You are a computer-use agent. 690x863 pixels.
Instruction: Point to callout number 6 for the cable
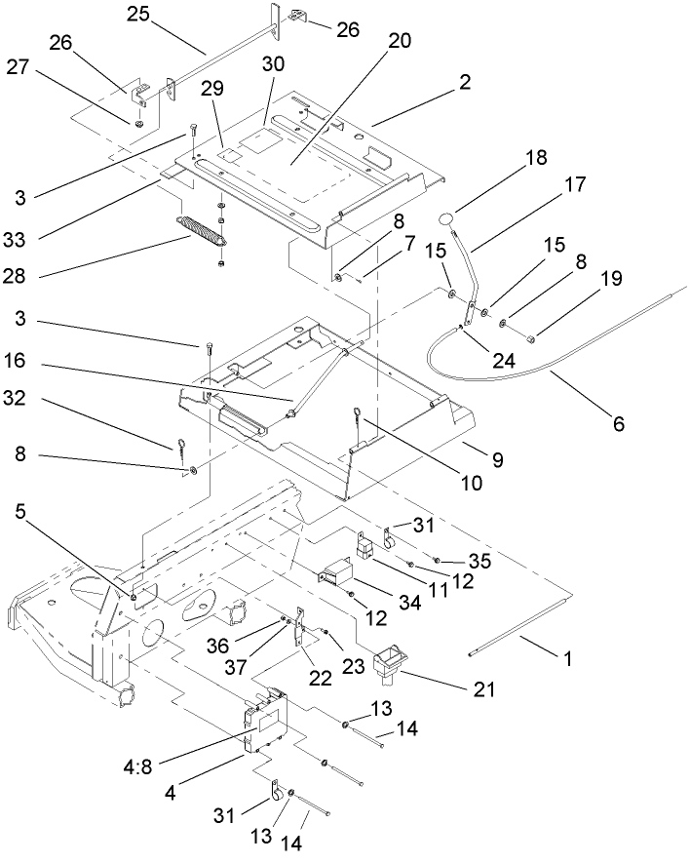(x=619, y=424)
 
